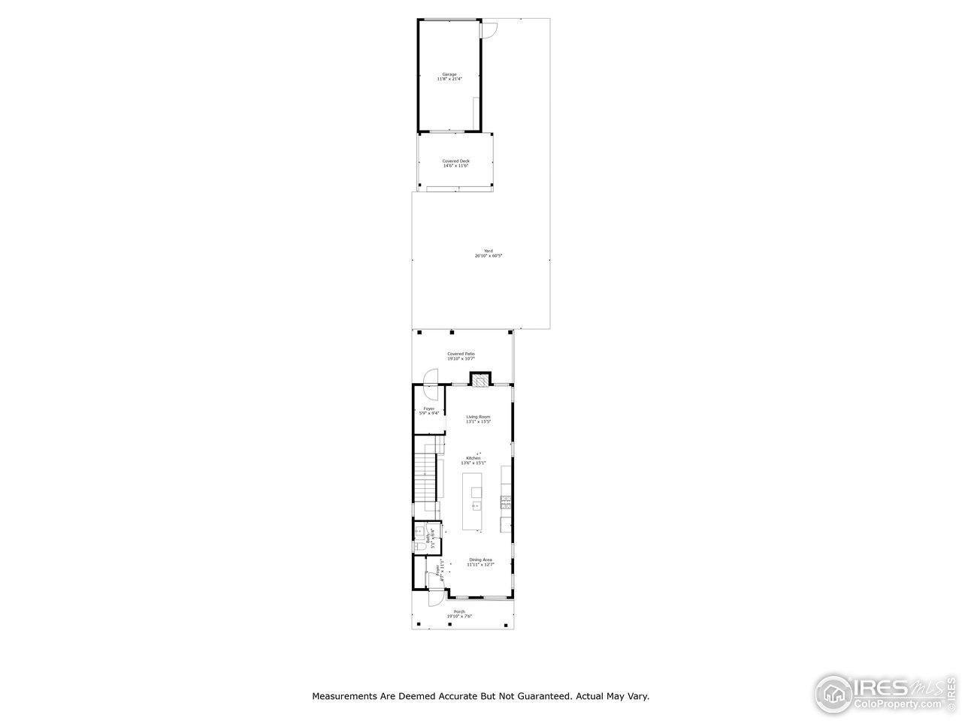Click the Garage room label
(x=449, y=76)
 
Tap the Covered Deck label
(x=455, y=163)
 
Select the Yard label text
(x=488, y=253)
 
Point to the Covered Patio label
(x=461, y=356)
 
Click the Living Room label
(x=478, y=418)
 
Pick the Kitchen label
(x=473, y=460)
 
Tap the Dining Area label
(x=480, y=561)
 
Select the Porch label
(x=459, y=614)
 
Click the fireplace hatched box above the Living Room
(x=480, y=381)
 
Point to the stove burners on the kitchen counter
(x=507, y=499)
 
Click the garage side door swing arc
(x=489, y=30)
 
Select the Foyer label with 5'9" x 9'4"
(x=429, y=410)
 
